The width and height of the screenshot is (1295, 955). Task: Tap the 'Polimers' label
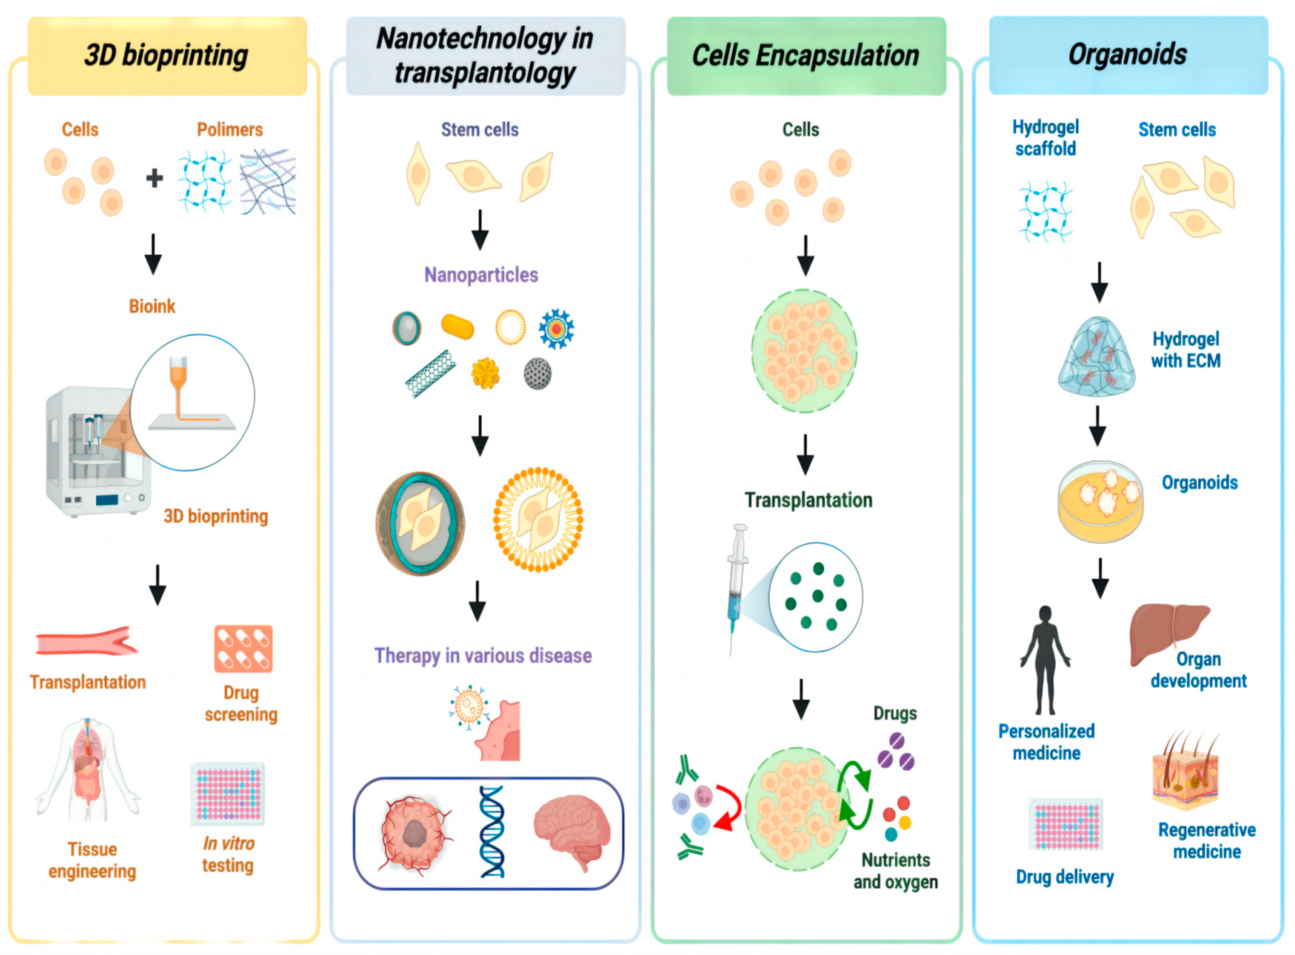[229, 130]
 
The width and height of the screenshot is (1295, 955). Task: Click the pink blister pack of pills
[243, 649]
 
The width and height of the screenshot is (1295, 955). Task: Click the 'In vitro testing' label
[228, 854]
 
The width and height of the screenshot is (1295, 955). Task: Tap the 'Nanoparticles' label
[481, 275]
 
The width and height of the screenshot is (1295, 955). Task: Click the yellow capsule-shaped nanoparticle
[457, 326]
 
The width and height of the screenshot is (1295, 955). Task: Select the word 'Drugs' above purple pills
[895, 713]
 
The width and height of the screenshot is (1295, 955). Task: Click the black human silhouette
[1045, 659]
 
